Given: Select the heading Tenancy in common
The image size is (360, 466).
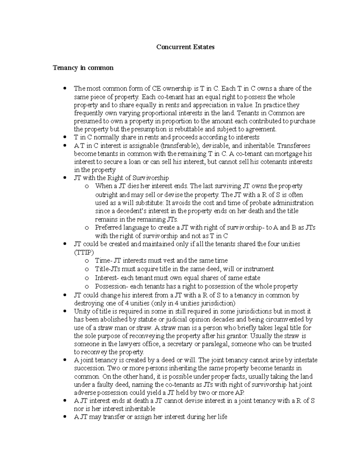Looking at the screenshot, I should (83, 68).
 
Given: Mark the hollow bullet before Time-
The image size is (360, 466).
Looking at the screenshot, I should (87, 261).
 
